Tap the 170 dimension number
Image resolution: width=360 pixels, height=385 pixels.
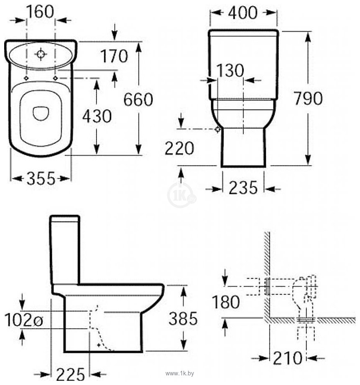(114, 56)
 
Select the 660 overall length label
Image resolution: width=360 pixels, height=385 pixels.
(138, 100)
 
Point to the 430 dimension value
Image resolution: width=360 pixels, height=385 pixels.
(97, 116)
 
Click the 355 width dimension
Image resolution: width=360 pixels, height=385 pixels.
(41, 178)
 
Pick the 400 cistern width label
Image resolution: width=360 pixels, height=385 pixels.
(243, 13)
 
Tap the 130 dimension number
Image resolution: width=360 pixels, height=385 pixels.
(230, 70)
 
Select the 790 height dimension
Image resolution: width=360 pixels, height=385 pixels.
(308, 98)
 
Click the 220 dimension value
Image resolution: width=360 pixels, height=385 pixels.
(179, 148)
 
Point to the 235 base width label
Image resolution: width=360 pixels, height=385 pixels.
(243, 188)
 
